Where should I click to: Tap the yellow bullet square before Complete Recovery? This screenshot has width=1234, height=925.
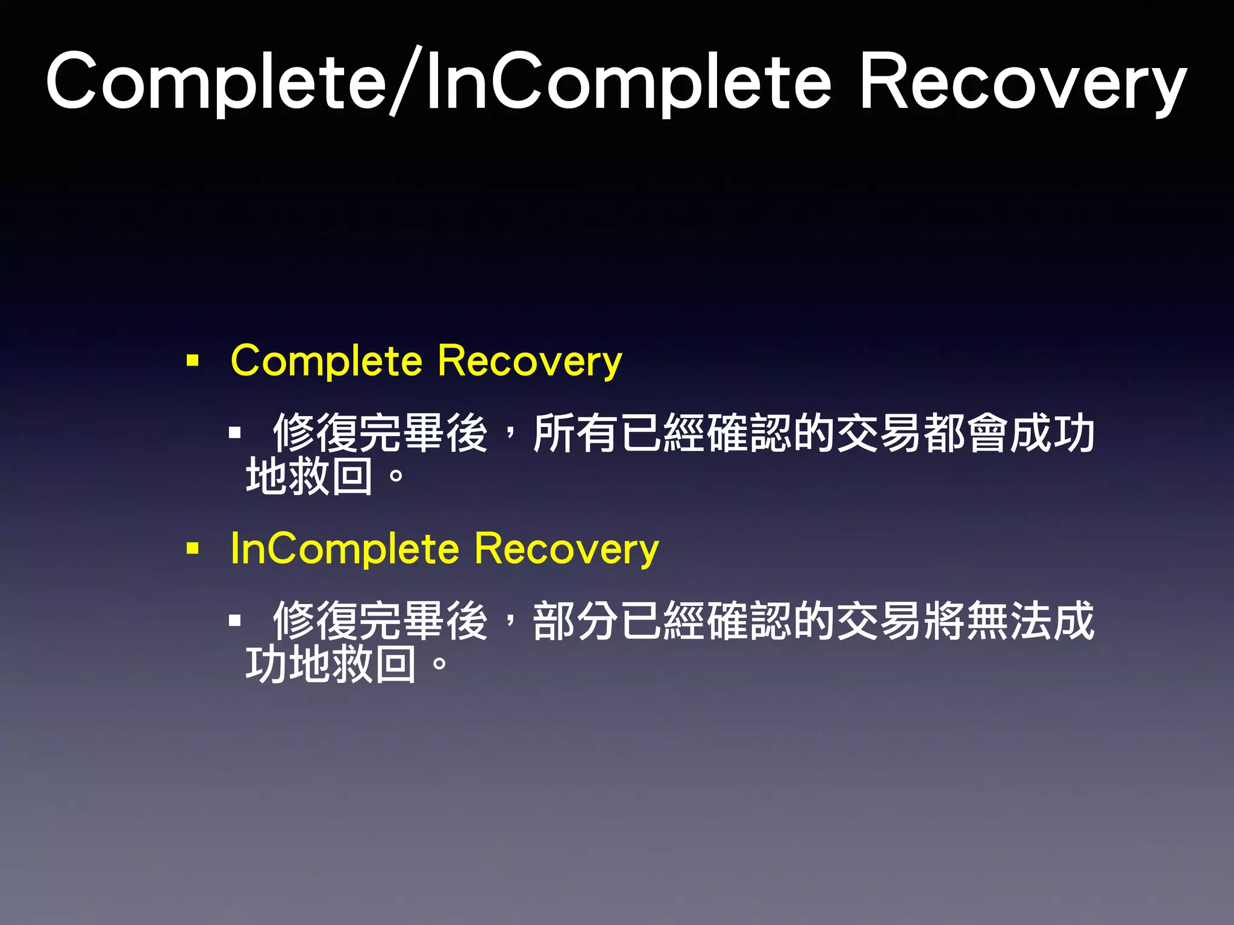pyautogui.click(x=193, y=361)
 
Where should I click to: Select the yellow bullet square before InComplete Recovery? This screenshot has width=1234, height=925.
pyautogui.click(x=193, y=548)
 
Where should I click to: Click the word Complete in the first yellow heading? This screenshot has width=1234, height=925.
pyautogui.click(x=327, y=361)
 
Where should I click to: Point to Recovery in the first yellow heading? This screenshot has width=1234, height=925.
pyautogui.click(x=530, y=361)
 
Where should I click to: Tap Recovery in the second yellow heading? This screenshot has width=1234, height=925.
pyautogui.click(x=566, y=549)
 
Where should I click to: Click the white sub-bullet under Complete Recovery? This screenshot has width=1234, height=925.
pyautogui.click(x=235, y=432)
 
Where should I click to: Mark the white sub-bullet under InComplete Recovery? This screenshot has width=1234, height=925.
pyautogui.click(x=235, y=620)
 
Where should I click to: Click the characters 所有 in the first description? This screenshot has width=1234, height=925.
pyautogui.click(x=576, y=433)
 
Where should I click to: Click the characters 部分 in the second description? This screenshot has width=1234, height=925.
pyautogui.click(x=576, y=621)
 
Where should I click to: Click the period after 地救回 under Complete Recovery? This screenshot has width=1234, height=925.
pyautogui.click(x=396, y=477)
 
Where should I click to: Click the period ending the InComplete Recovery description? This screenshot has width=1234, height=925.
pyautogui.click(x=439, y=665)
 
